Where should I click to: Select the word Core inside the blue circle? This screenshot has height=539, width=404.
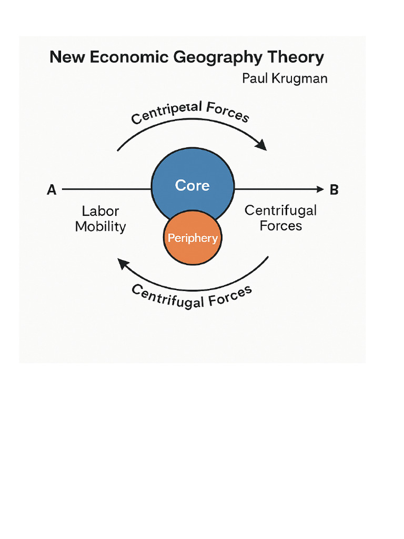tap(192, 185)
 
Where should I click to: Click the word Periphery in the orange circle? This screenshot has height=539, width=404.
tap(193, 238)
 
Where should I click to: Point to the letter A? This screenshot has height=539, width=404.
tap(52, 189)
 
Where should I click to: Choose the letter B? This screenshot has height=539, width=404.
tap(334, 189)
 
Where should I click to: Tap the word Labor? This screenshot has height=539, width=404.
tap(100, 211)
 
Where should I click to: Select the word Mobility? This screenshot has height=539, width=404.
tap(100, 226)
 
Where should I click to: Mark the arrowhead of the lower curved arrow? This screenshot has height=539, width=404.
tap(123, 263)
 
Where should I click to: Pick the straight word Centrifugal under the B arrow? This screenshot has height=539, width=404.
tap(281, 211)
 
